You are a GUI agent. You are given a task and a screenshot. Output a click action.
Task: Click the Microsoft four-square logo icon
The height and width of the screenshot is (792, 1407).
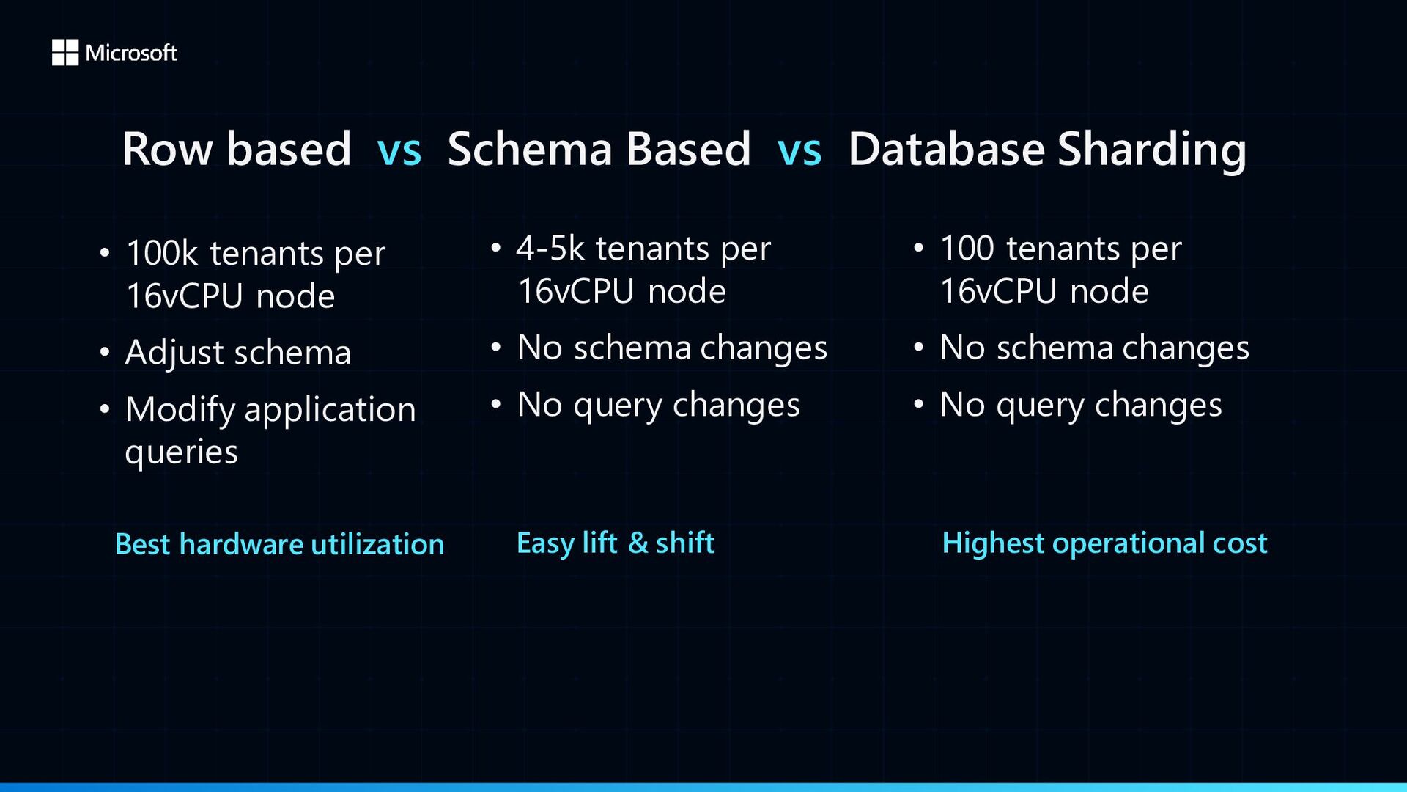click(x=65, y=53)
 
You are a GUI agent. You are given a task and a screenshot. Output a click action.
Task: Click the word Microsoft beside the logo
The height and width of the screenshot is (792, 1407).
click(x=131, y=53)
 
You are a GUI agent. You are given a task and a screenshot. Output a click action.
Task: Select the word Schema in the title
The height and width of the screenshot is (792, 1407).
click(x=530, y=149)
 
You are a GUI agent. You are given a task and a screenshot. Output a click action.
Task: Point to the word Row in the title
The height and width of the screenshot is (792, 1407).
click(x=168, y=149)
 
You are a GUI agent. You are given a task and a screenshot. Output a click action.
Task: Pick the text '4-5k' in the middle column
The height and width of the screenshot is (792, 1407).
click(x=550, y=248)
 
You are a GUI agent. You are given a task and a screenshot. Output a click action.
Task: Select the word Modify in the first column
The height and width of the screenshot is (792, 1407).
click(x=180, y=411)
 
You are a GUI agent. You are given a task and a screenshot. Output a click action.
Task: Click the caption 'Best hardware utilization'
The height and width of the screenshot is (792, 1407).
click(x=280, y=544)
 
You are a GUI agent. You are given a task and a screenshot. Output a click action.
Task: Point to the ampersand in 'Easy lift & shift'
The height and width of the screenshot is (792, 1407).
click(x=638, y=543)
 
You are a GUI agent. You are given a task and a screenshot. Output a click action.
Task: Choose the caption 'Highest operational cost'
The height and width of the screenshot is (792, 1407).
click(x=1104, y=543)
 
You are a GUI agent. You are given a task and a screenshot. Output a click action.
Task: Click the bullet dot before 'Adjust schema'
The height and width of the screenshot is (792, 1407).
click(x=105, y=352)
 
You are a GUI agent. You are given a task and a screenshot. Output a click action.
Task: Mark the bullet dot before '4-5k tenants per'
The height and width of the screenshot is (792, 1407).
click(x=496, y=248)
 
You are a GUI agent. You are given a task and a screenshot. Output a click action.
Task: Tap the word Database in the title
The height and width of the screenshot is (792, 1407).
click(x=946, y=149)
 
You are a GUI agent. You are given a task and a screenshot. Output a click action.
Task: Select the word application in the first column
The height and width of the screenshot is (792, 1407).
click(x=330, y=411)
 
